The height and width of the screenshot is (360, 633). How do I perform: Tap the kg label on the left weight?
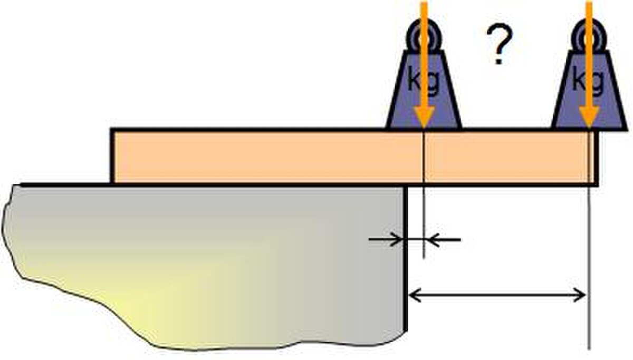[x=424, y=81]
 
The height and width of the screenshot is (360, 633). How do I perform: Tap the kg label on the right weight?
[x=588, y=81]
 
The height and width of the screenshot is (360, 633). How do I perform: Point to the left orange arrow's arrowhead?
[x=424, y=116]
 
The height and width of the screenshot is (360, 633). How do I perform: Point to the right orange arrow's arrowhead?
[x=589, y=116]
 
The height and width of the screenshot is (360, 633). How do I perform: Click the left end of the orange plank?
[x=112, y=157]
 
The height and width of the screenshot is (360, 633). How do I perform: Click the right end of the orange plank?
[x=596, y=157]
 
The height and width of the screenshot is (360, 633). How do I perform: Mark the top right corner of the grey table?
[x=406, y=185]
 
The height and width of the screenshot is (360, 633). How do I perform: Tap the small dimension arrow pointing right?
[x=386, y=240]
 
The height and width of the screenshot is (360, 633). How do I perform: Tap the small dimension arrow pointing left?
[x=443, y=240]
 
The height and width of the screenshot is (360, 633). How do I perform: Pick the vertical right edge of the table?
[x=406, y=258]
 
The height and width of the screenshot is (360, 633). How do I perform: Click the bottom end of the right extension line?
[x=589, y=349]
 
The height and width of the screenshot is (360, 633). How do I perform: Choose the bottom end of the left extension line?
[x=424, y=258]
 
